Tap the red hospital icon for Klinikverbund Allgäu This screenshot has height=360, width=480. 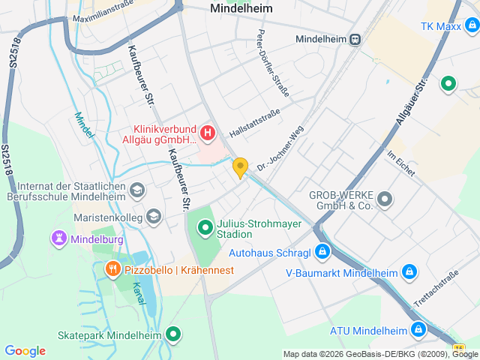pyautogui.click(x=208, y=134)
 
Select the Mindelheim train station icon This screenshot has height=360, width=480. pyautogui.click(x=355, y=39)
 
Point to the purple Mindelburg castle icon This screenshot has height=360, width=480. pyautogui.click(x=58, y=239)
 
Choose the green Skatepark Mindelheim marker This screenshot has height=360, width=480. pyautogui.click(x=174, y=334)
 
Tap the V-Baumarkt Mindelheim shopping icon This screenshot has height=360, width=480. pyautogui.click(x=409, y=272)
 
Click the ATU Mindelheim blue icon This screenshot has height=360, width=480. pyautogui.click(x=418, y=330)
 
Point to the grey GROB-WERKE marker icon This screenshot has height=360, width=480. pyautogui.click(x=385, y=199)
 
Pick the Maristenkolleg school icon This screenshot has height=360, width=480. pyautogui.click(x=153, y=217)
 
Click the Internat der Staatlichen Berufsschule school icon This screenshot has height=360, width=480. pyautogui.click(x=136, y=191)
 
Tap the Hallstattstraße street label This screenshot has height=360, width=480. pyautogui.click(x=255, y=122)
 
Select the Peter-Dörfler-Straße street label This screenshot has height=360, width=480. pyautogui.click(x=271, y=67)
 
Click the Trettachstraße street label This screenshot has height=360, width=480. pyautogui.click(x=435, y=289)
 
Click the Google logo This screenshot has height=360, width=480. pyautogui.click(x=25, y=351)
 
